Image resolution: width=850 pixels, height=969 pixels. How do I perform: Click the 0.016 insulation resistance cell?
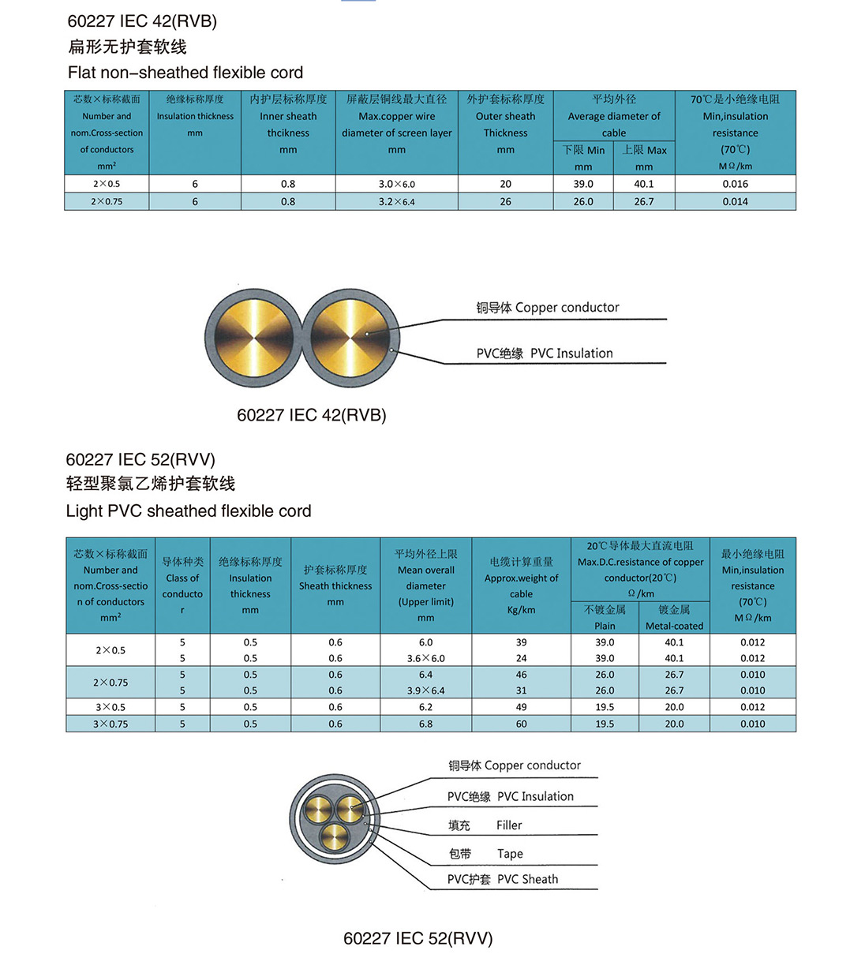pos(735,184)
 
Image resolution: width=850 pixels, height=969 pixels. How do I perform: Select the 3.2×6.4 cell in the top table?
pos(396,202)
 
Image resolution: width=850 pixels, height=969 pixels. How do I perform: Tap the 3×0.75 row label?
pos(110,724)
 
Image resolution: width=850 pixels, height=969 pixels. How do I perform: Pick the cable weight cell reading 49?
pos(521,707)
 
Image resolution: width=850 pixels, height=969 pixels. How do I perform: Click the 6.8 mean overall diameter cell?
pos(425,724)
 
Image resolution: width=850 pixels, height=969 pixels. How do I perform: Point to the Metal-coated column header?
pos(674,626)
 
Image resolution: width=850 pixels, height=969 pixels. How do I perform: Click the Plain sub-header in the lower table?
pos(605,626)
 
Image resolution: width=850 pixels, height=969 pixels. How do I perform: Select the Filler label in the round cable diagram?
pos(509,825)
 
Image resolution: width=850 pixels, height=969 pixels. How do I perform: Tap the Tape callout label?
pos(510,854)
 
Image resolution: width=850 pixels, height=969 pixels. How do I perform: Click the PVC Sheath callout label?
pos(527,879)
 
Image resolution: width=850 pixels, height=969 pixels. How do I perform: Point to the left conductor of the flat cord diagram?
pos(253,337)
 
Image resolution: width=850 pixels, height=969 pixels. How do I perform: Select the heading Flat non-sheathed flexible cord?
pos(185,73)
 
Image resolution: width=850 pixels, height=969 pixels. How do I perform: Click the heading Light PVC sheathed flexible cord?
pos(189,511)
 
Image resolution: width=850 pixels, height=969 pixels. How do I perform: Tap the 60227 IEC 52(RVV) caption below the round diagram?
pos(418,938)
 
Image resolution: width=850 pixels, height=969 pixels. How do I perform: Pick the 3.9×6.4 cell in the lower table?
pos(425,690)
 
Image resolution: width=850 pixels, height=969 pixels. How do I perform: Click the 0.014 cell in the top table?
pos(735,202)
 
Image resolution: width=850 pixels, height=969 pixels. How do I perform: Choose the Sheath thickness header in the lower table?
pos(335,586)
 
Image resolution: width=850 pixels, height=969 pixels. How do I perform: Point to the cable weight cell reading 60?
pos(521,724)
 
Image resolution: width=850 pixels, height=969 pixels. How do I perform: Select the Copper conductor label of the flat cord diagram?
pos(567,308)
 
